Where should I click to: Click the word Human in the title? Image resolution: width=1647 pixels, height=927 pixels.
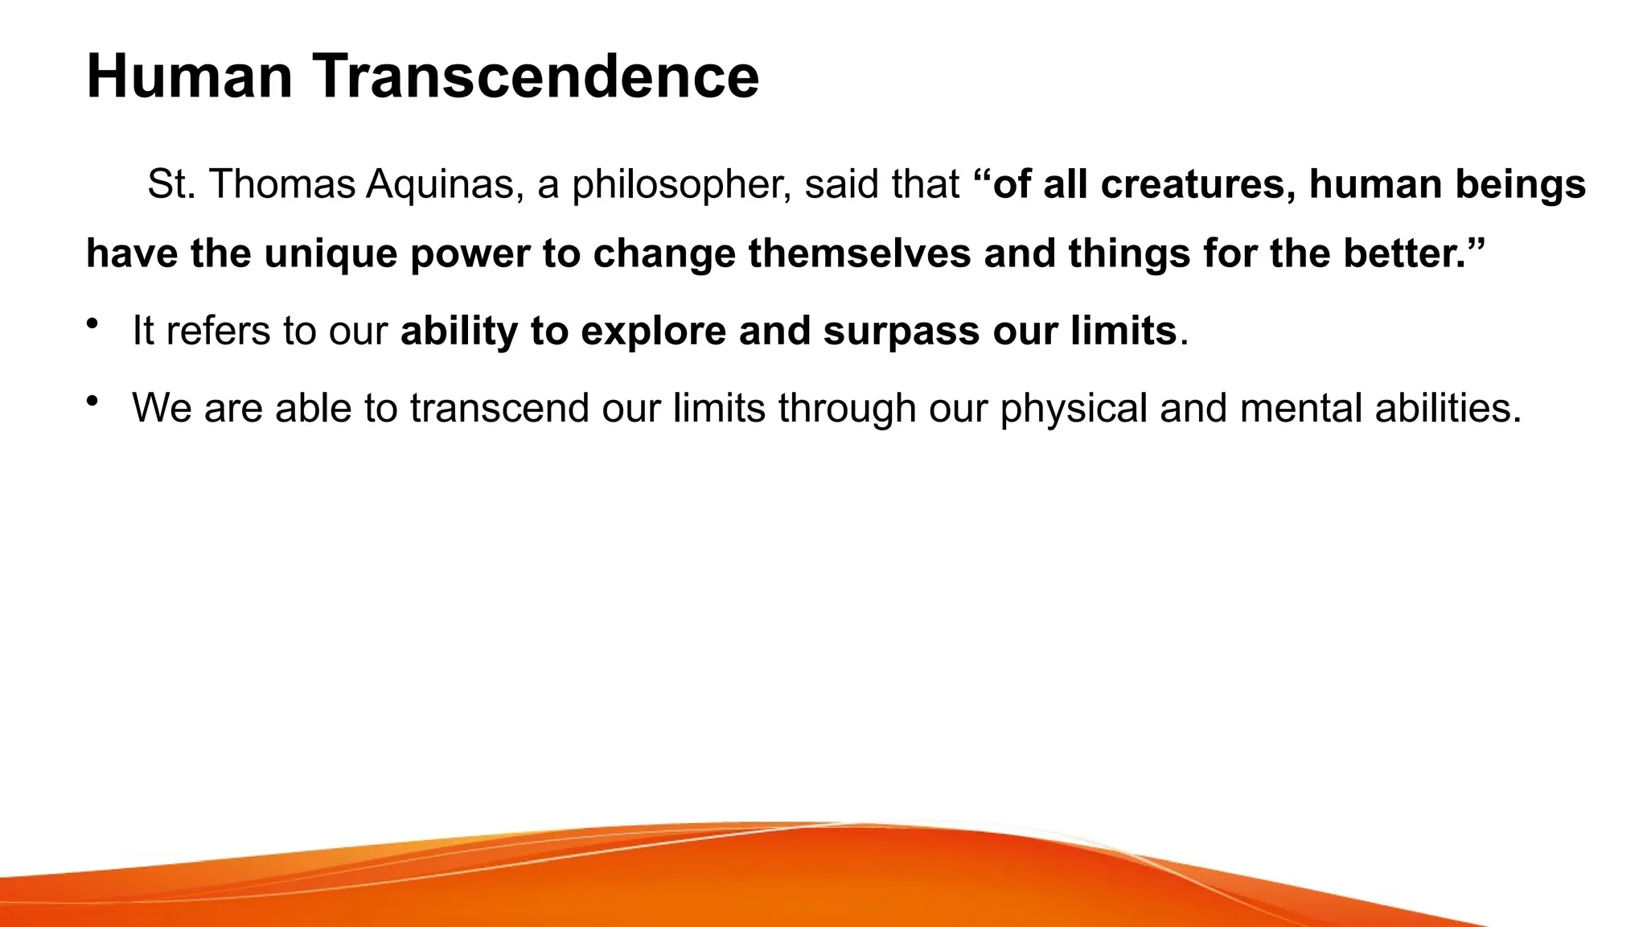click(190, 76)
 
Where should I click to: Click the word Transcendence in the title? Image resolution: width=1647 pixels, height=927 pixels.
click(536, 76)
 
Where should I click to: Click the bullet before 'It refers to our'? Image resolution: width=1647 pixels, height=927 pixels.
click(92, 323)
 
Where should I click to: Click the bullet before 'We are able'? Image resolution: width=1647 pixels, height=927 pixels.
click(92, 401)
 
